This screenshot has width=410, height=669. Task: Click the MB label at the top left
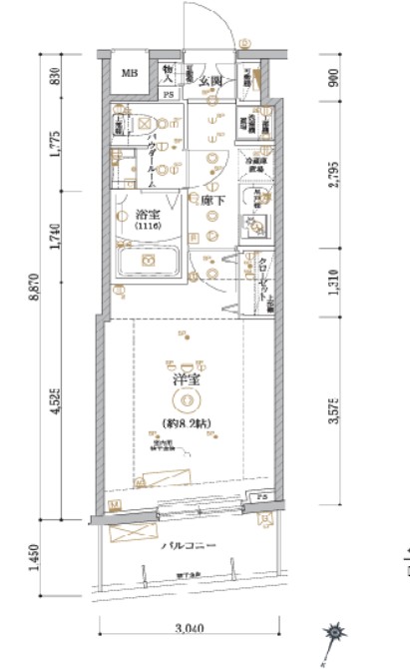click(130, 73)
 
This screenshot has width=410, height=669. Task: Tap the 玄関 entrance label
click(209, 81)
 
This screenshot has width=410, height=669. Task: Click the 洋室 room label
click(185, 381)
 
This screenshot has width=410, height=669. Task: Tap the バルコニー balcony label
click(187, 546)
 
